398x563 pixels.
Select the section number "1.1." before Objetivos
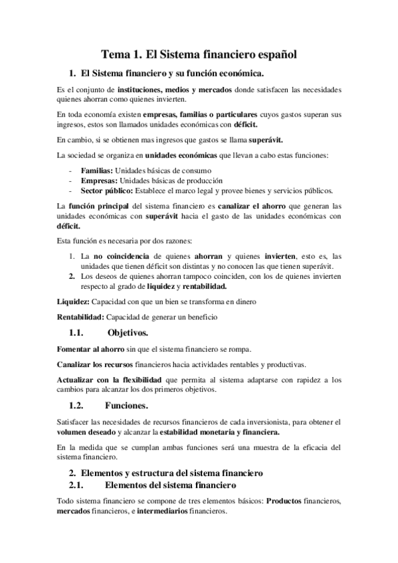(79, 332)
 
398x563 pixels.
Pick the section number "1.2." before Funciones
(79, 405)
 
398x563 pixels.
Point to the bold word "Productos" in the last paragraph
(286, 503)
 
